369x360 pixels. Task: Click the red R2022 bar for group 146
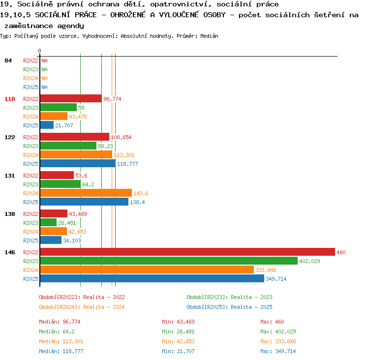(187, 252)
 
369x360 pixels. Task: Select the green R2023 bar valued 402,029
(169, 261)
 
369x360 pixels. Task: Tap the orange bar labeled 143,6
(86, 193)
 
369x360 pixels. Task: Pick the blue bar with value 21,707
(47, 125)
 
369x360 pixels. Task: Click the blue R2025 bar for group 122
(78, 163)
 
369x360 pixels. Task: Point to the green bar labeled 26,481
(48, 222)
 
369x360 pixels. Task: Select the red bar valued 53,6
(57, 175)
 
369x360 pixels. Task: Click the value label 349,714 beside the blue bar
(276, 279)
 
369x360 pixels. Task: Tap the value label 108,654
(121, 137)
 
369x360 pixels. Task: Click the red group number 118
(10, 99)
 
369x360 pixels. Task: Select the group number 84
(8, 60)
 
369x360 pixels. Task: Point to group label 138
(10, 214)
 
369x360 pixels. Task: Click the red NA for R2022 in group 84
(44, 60)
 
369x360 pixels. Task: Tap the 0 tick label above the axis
(39, 51)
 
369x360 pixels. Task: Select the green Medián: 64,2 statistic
(57, 331)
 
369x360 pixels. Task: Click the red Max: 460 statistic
(272, 322)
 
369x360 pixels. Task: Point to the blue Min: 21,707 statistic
(178, 351)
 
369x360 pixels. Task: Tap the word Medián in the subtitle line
(209, 36)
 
